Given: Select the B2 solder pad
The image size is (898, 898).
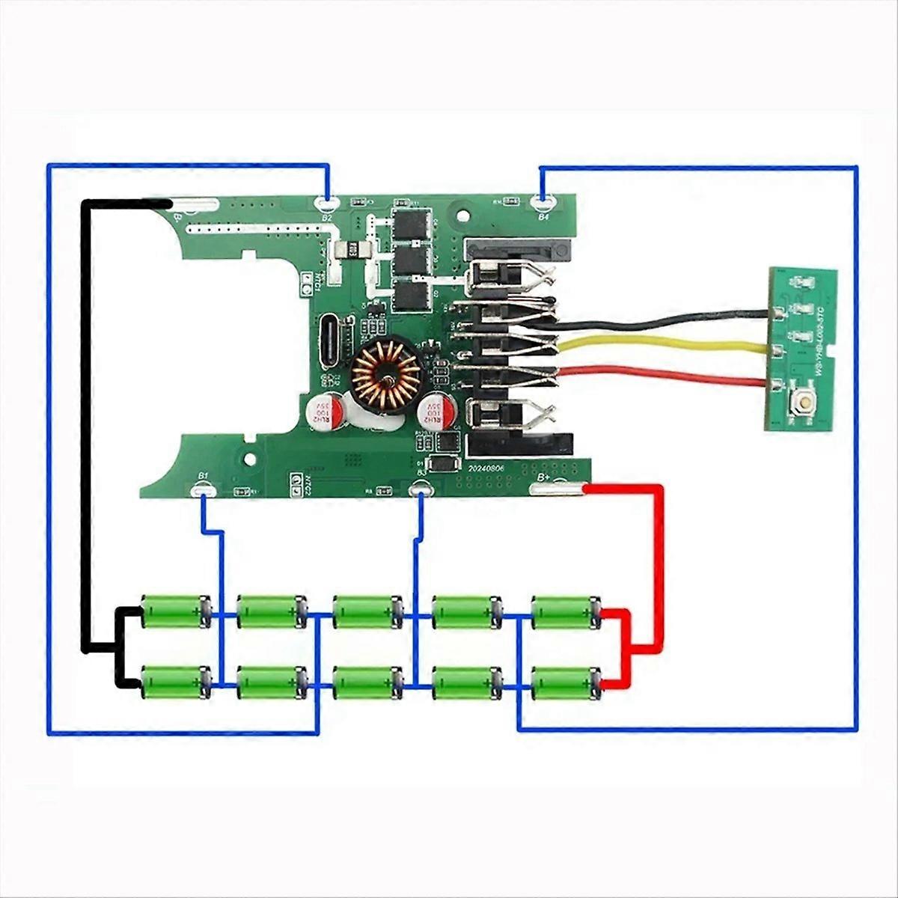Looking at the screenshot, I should click(327, 202).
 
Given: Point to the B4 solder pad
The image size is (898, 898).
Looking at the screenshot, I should click(543, 201).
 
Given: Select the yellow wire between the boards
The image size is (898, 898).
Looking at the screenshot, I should click(673, 346).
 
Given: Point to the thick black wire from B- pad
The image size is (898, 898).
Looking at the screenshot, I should click(86, 419).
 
